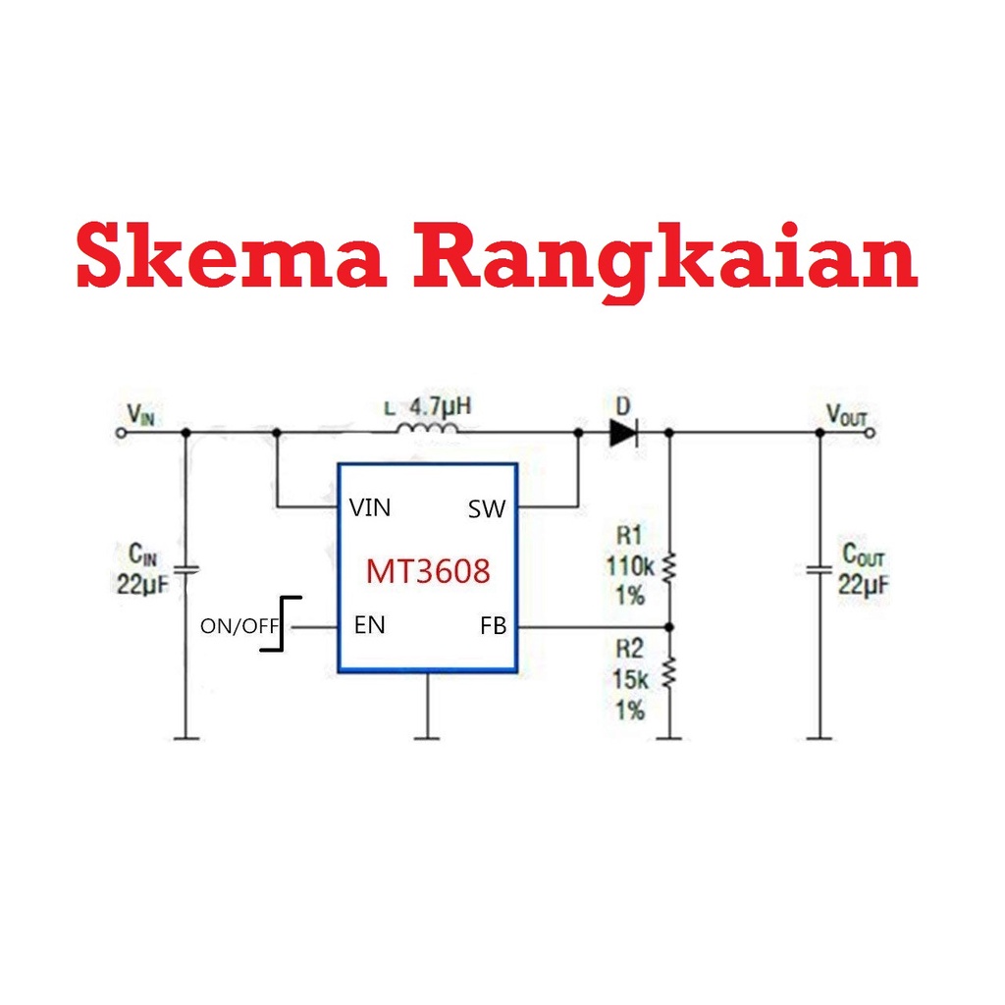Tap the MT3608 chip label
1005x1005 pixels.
(x=428, y=571)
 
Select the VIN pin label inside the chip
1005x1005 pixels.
(x=370, y=507)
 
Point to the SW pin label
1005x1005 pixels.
(x=487, y=508)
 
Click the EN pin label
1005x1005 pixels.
(x=370, y=625)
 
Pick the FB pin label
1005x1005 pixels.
(x=494, y=625)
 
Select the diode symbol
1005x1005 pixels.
(x=623, y=432)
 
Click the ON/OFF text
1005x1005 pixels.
(x=239, y=626)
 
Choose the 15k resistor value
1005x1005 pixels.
(x=630, y=679)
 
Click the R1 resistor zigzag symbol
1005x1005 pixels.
(x=670, y=567)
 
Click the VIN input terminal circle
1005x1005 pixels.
(x=121, y=431)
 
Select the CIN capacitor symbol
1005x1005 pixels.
(x=185, y=568)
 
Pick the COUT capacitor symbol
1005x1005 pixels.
(x=820, y=569)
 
